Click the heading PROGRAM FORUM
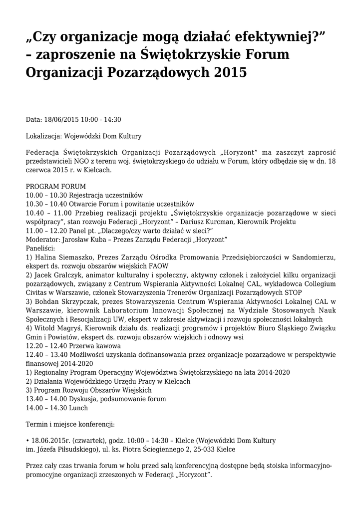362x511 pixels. click(56, 186)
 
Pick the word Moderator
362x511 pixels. click(43, 239)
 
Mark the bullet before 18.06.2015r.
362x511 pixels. click(27, 441)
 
